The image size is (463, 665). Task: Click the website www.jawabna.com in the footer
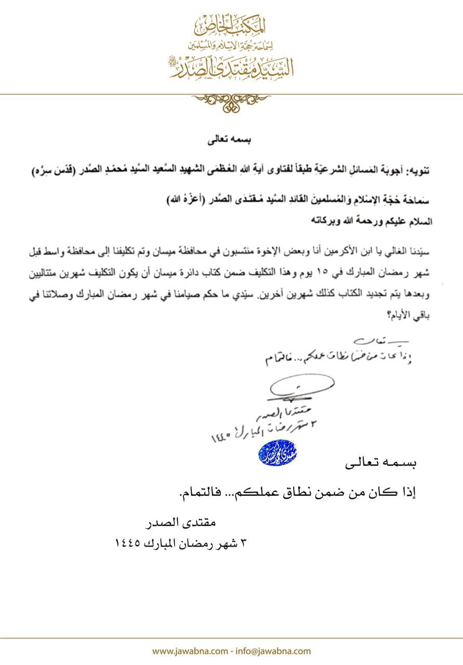(x=189, y=651)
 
